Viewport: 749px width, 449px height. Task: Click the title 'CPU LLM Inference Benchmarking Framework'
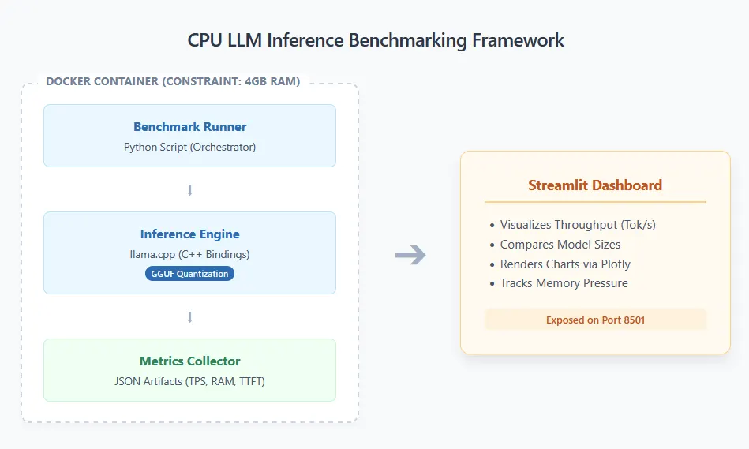[x=376, y=40]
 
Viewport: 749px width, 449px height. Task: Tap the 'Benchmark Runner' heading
[x=189, y=127]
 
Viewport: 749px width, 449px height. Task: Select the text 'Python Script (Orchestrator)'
[x=189, y=147]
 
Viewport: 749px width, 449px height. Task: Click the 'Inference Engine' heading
[x=189, y=234]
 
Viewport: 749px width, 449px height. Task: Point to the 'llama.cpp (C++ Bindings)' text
[x=189, y=254]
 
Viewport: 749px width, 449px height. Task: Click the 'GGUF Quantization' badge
[x=189, y=274]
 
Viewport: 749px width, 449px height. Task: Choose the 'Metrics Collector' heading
[x=189, y=361]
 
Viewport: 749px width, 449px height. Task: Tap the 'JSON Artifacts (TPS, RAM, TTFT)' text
[x=189, y=381]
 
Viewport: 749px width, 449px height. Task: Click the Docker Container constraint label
[x=173, y=81]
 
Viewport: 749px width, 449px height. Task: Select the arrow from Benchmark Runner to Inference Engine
[x=189, y=190]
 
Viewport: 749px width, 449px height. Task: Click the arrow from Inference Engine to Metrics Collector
[x=189, y=317]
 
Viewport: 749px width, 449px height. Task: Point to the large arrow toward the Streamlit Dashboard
[x=410, y=255]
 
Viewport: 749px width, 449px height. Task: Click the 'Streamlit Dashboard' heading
[x=595, y=186]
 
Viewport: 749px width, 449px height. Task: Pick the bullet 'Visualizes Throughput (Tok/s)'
[x=578, y=225]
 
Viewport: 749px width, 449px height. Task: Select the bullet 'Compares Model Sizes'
[x=560, y=245]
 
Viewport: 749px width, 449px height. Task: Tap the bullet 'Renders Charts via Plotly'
[x=565, y=264]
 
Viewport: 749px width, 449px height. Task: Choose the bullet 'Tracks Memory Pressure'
[x=564, y=283]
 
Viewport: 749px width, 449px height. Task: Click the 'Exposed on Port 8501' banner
[x=595, y=320]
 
